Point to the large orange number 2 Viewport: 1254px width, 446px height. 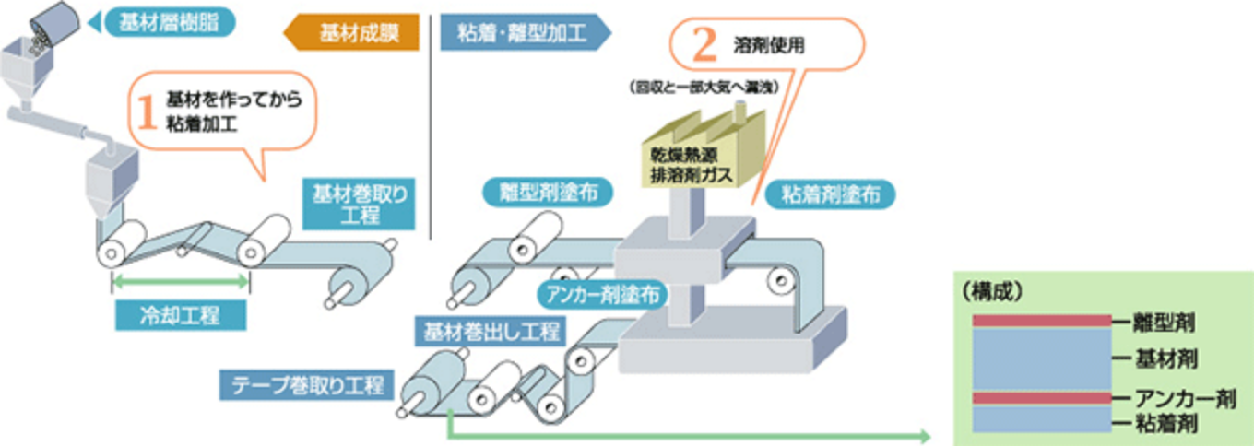(x=704, y=44)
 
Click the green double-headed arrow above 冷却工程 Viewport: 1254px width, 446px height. (x=180, y=284)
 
